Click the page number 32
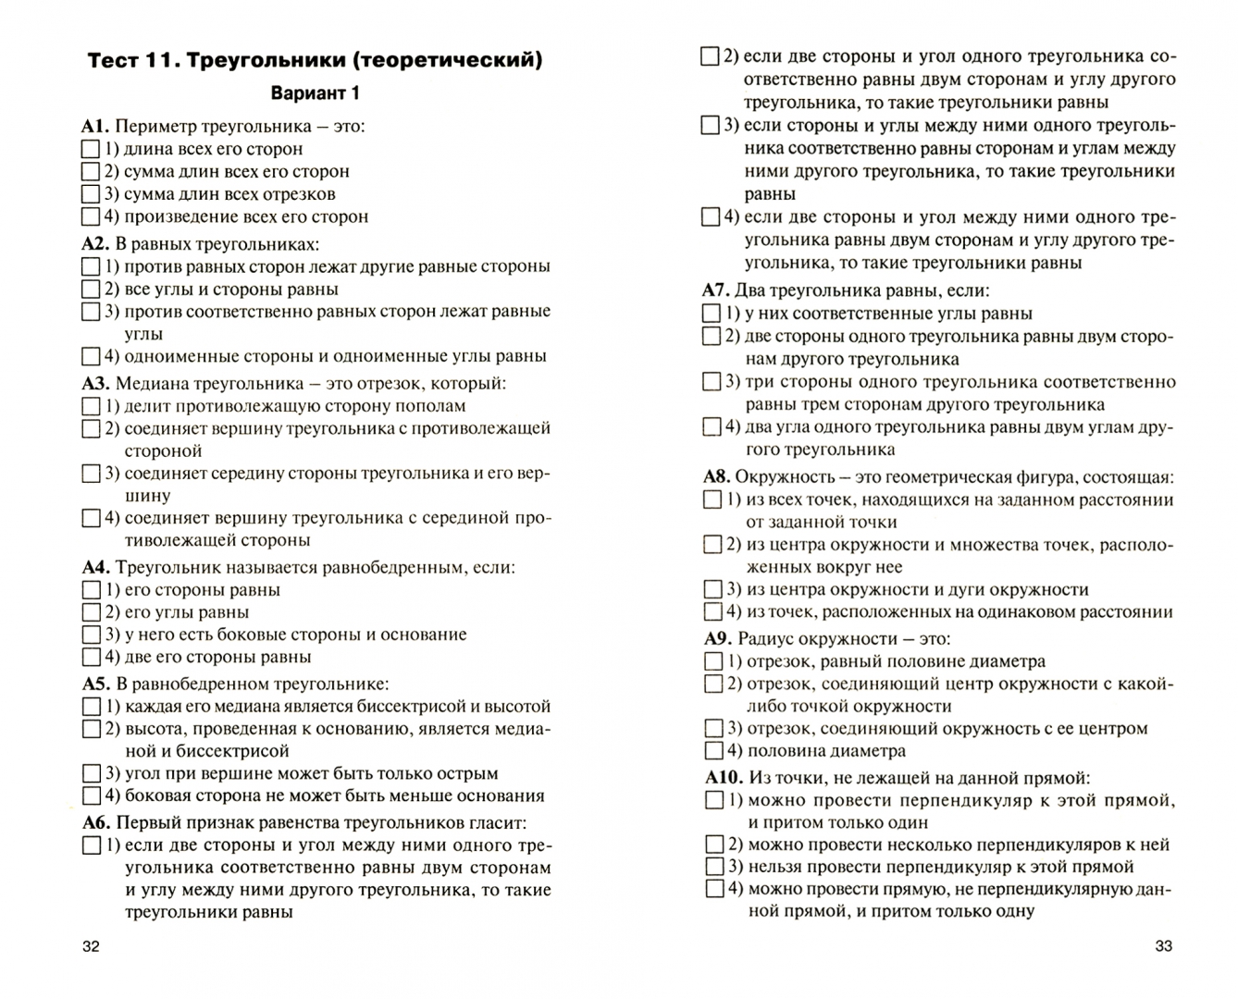coord(91,945)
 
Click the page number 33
coord(1164,945)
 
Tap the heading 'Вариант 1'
coord(315,93)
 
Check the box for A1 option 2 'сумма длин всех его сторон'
coord(91,172)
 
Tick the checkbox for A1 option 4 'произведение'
coord(91,217)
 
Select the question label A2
coord(95,244)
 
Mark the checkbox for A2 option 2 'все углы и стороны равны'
coord(91,290)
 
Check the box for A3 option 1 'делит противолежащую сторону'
coord(91,406)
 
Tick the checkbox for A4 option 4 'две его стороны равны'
coord(91,658)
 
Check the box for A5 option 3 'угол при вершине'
coord(91,773)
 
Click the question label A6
coord(95,822)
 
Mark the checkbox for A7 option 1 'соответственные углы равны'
coord(711,314)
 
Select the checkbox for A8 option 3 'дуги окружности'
coord(712,589)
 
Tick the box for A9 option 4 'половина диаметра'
coord(713,751)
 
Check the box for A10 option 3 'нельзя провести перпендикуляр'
coord(714,867)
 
